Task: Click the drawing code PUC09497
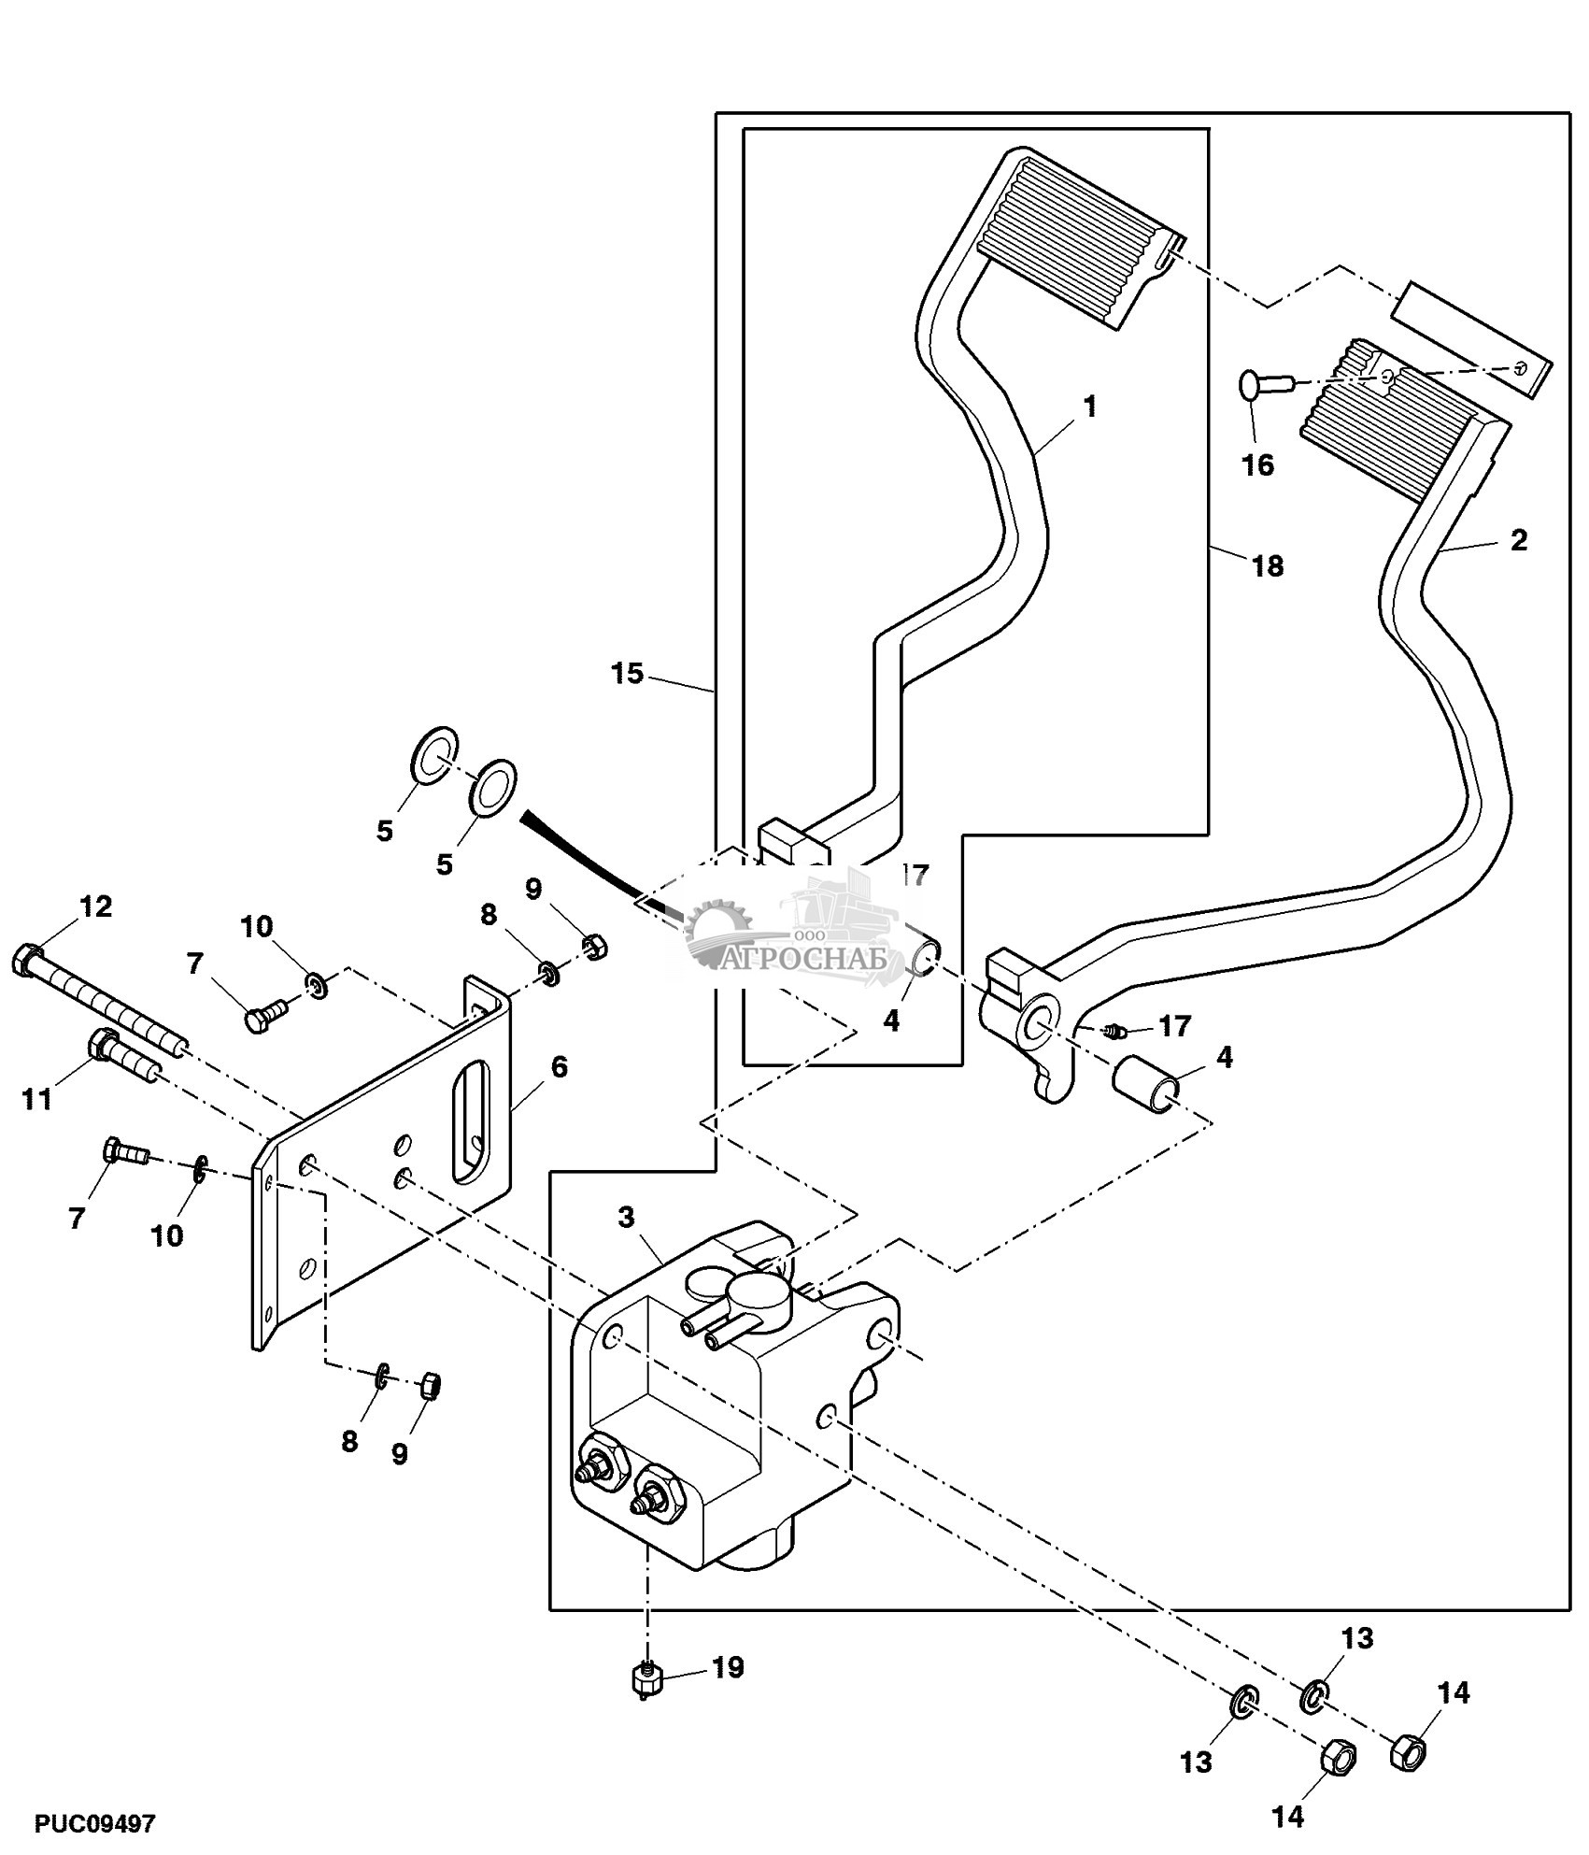pos(95,1822)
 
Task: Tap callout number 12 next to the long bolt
pos(95,906)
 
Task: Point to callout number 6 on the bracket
pos(559,1066)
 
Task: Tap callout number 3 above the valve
pos(626,1217)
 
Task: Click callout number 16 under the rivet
pos(1258,464)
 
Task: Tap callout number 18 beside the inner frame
pos(1268,565)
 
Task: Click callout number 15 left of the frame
pos(628,673)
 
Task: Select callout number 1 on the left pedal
pos(1089,407)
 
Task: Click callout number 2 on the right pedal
pos(1519,539)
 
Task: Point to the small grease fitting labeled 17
pos(1112,1032)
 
